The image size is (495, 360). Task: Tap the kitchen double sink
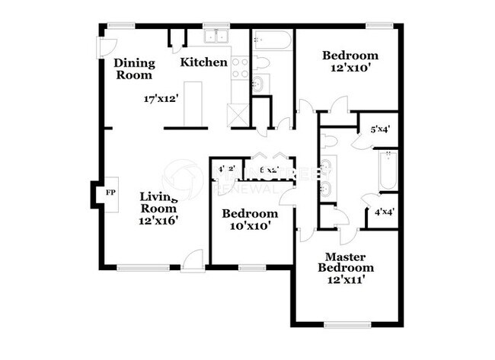pyautogui.click(x=216, y=37)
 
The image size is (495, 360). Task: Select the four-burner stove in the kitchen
pyautogui.click(x=241, y=68)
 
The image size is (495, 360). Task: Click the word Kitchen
pyautogui.click(x=204, y=62)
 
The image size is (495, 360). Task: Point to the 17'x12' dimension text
pyautogui.click(x=161, y=98)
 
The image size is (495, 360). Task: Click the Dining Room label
pyautogui.click(x=133, y=68)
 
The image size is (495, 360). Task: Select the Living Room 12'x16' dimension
pyautogui.click(x=158, y=221)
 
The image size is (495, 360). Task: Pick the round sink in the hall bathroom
pyautogui.click(x=258, y=83)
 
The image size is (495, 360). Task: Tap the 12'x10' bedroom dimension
pyautogui.click(x=350, y=68)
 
